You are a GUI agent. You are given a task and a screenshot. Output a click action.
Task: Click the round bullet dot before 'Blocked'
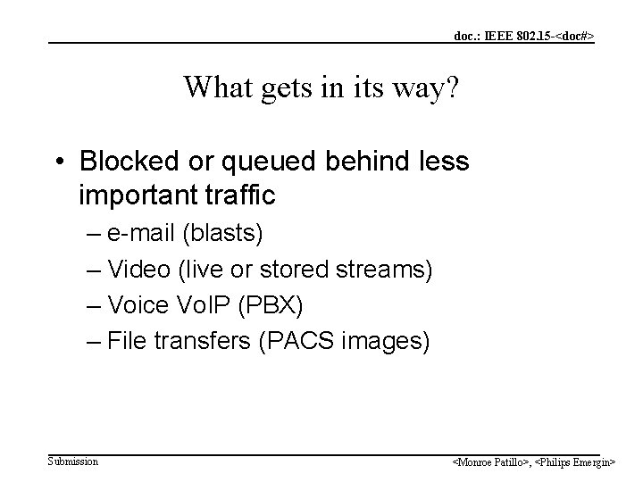tap(59, 162)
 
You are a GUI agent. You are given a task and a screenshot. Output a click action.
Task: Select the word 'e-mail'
tap(142, 234)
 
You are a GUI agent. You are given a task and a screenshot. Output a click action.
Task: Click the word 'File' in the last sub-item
tap(125, 341)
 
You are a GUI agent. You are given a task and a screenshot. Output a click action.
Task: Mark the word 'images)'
tap(382, 342)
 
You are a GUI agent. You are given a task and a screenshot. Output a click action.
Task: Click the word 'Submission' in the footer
tap(73, 461)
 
